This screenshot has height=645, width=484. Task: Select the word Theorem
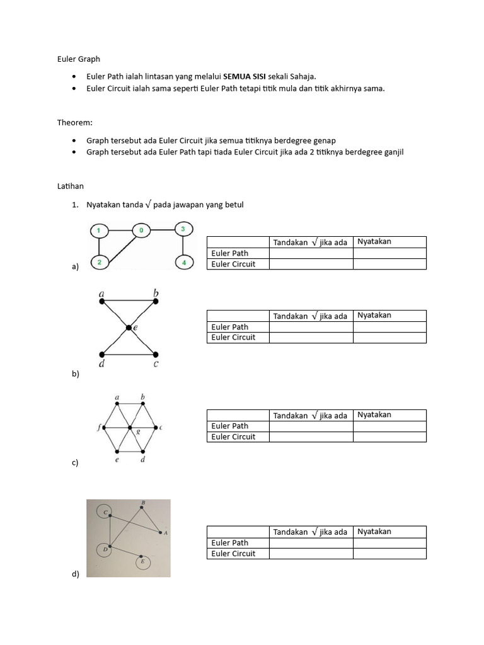pyautogui.click(x=76, y=123)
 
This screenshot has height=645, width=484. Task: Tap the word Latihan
pyautogui.click(x=71, y=186)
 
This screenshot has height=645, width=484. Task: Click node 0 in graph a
pyautogui.click(x=141, y=231)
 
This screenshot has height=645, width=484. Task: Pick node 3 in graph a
pyautogui.click(x=183, y=229)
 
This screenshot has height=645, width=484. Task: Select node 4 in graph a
pyautogui.click(x=183, y=262)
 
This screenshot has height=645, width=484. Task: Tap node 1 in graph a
pyautogui.click(x=98, y=231)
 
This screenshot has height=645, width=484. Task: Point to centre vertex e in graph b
pyautogui.click(x=129, y=328)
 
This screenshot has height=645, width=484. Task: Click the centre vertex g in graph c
pyautogui.click(x=130, y=428)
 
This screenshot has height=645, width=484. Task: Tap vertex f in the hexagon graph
pyautogui.click(x=104, y=428)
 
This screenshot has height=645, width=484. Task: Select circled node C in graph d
pyautogui.click(x=107, y=512)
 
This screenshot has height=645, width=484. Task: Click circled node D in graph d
pyautogui.click(x=106, y=549)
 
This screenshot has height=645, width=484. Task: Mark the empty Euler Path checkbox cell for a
pyautogui.click(x=311, y=253)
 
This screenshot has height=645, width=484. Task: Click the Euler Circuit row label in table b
pyautogui.click(x=234, y=338)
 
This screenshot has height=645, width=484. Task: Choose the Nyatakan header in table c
pyautogui.click(x=374, y=415)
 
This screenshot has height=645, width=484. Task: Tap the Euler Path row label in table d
pyautogui.click(x=230, y=543)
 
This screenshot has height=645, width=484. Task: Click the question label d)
pyautogui.click(x=76, y=574)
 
